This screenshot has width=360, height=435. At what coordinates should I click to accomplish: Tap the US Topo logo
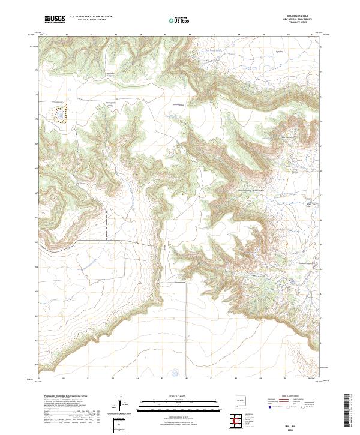click(180, 20)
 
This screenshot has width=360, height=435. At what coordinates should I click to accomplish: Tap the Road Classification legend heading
click(286, 396)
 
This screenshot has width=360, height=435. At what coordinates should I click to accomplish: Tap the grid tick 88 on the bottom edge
click(236, 379)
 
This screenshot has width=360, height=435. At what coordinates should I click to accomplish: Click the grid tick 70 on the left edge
click(36, 119)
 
